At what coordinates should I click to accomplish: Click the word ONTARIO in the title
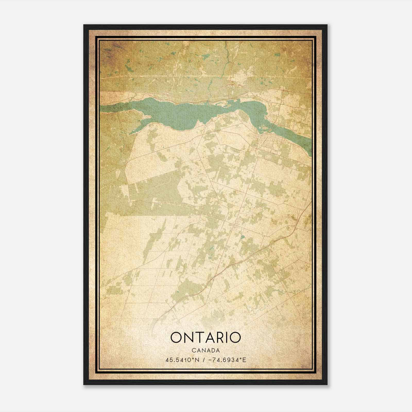205,338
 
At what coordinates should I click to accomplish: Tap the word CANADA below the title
205,350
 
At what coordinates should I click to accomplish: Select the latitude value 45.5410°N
183,360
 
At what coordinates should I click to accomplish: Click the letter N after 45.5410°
198,360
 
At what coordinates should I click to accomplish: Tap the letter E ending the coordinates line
245,360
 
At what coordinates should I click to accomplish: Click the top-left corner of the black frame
84,25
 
